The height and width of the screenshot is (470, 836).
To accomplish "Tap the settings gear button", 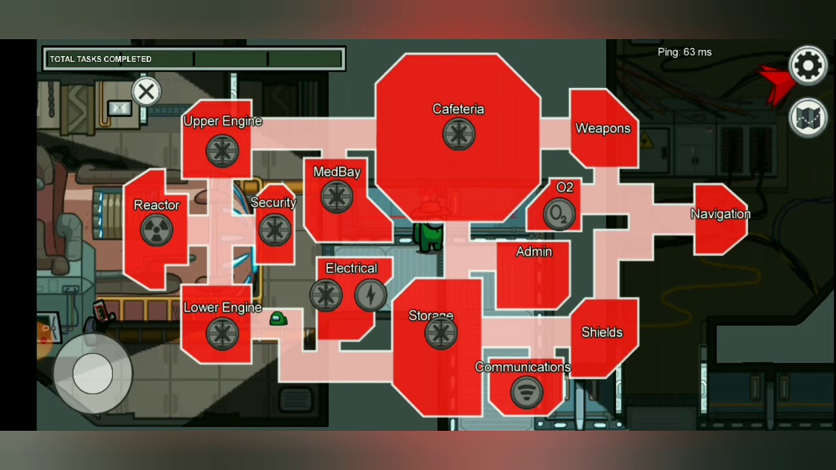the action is (x=808, y=66).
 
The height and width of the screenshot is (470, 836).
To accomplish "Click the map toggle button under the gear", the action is (x=808, y=118).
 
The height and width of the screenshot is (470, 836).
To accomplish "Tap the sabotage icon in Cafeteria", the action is (x=459, y=134).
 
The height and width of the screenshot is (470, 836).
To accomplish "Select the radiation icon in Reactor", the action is (x=157, y=230).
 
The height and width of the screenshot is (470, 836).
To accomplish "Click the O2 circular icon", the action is (x=559, y=214).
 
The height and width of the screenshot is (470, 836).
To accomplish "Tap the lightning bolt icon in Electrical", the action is (x=370, y=295).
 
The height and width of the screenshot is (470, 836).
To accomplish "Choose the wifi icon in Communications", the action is (x=526, y=392).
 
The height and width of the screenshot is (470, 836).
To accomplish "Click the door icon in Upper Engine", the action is (x=223, y=151).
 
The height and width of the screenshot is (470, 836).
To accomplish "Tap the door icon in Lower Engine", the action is (x=223, y=334).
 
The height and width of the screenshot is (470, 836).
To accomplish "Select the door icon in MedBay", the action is (x=337, y=197).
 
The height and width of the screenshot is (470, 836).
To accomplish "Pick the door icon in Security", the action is (x=275, y=230).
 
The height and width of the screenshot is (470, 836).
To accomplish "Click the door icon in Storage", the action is (x=441, y=333).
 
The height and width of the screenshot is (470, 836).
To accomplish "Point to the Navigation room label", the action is (x=720, y=214).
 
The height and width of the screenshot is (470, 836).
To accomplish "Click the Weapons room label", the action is (x=603, y=129).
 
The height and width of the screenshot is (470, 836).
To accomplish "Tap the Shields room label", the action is (x=602, y=332).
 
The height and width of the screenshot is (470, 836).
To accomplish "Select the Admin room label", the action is (x=534, y=252).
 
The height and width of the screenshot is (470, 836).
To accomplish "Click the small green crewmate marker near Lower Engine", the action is (x=278, y=319).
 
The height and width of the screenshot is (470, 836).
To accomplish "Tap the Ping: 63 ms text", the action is (x=684, y=52).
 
